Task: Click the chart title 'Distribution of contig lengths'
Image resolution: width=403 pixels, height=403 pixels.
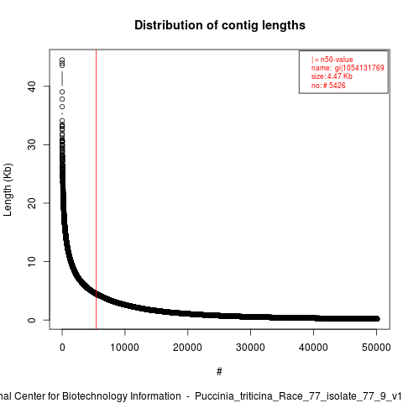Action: coord(220,25)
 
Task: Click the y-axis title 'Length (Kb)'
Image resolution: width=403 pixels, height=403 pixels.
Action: coord(8,190)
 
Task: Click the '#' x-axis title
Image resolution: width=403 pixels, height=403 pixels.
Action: coord(219,371)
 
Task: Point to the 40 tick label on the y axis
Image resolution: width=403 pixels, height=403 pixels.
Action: coord(32,86)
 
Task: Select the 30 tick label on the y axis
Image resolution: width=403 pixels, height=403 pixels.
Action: coord(32,144)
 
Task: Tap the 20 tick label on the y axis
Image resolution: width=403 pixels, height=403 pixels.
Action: coord(32,203)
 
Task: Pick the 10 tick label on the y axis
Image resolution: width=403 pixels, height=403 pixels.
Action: coord(32,262)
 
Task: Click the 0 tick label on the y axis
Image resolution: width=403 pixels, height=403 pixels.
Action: coord(32,320)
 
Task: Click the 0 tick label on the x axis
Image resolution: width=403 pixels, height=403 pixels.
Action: coord(62,348)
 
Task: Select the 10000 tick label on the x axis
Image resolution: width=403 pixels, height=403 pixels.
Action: coord(125,348)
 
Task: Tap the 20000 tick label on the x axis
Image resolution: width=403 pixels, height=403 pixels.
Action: coord(187,348)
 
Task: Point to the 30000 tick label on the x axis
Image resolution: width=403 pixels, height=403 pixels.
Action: coord(250,348)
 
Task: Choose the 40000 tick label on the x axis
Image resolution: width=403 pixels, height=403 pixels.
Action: coord(313,348)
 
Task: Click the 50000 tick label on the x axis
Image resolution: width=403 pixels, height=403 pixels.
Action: coord(376,348)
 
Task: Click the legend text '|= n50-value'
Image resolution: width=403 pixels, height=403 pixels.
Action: coord(332,60)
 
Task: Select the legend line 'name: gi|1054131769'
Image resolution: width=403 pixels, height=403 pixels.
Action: coord(348,68)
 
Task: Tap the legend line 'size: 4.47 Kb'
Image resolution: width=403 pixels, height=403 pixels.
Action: coord(332,76)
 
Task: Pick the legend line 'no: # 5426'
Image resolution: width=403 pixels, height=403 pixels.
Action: coord(328,86)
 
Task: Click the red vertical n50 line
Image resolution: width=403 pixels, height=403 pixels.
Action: coord(97,190)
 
